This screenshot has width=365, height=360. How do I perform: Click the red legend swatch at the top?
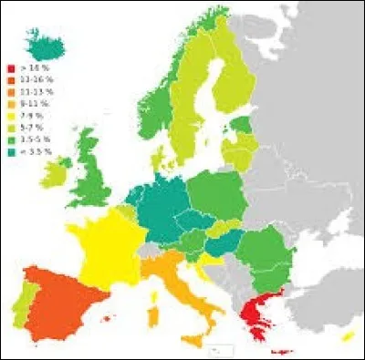11,67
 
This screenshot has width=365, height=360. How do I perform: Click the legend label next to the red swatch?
32,67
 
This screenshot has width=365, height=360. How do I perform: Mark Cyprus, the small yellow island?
348,336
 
